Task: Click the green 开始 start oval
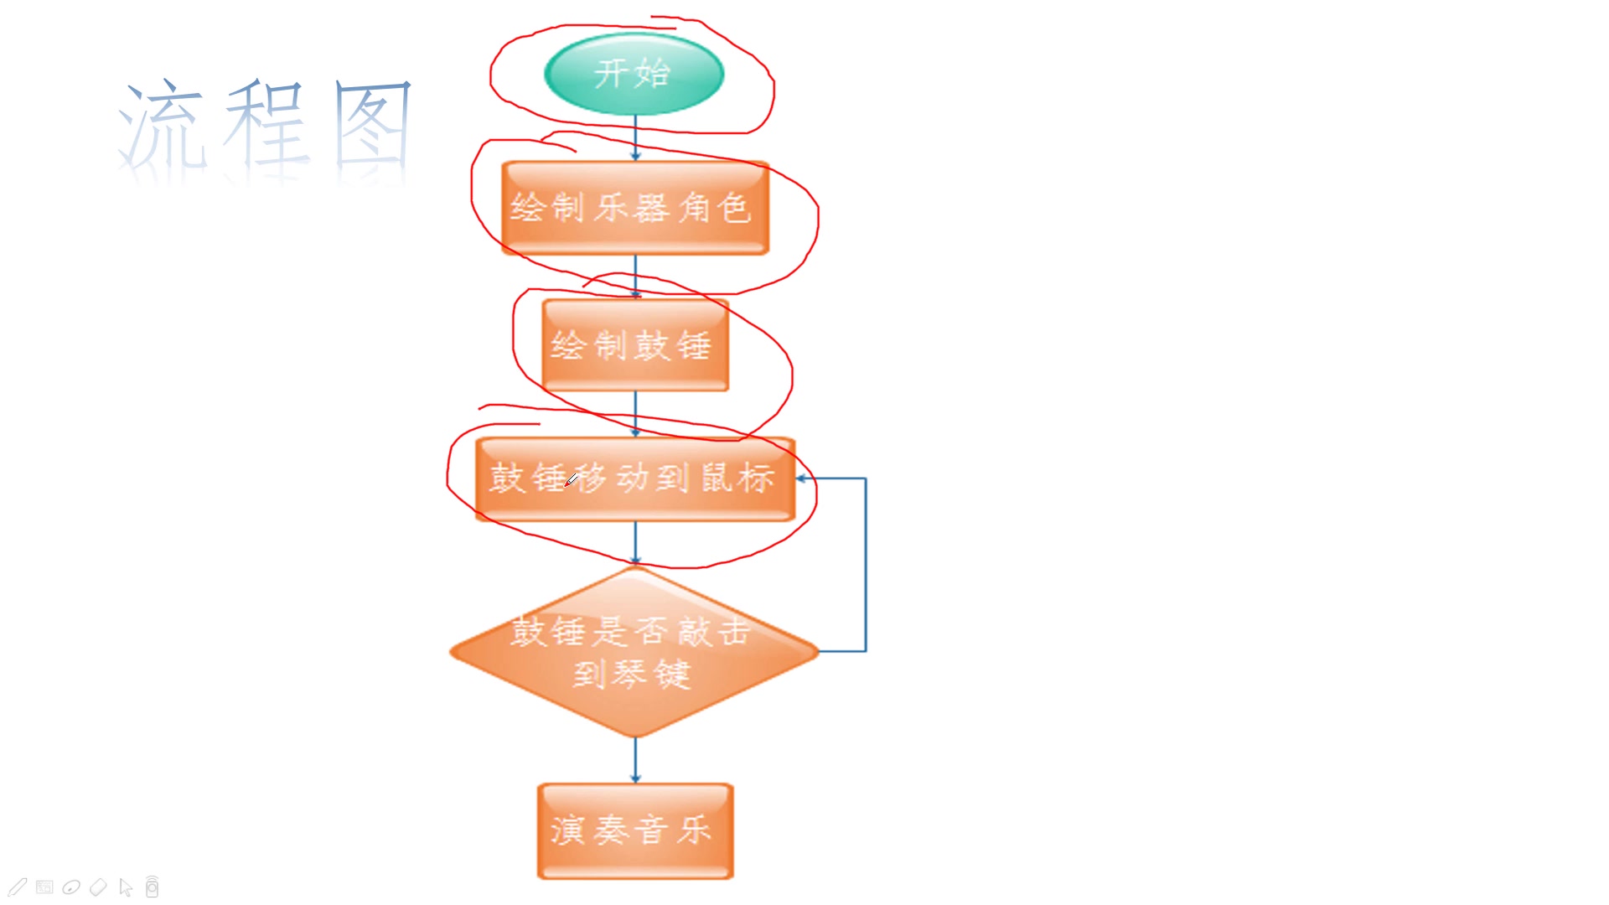(634, 74)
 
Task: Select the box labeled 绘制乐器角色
(634, 208)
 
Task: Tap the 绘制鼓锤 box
(635, 345)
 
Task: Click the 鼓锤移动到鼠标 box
(634, 478)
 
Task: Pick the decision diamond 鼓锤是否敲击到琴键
(634, 652)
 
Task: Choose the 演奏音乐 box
(635, 830)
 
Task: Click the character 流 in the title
(162, 126)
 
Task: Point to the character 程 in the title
(266, 126)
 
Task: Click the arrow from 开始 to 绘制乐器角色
(635, 138)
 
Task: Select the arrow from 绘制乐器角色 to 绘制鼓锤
(635, 277)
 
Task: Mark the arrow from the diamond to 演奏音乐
(635, 761)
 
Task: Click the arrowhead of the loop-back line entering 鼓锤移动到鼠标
(802, 478)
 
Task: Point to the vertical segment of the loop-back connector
(866, 565)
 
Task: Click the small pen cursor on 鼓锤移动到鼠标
(572, 480)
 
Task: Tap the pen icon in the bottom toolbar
(18, 887)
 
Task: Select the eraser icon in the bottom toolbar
(98, 887)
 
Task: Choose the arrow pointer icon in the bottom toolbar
(126, 887)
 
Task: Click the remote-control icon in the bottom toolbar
(152, 887)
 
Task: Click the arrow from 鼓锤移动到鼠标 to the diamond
(635, 543)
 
